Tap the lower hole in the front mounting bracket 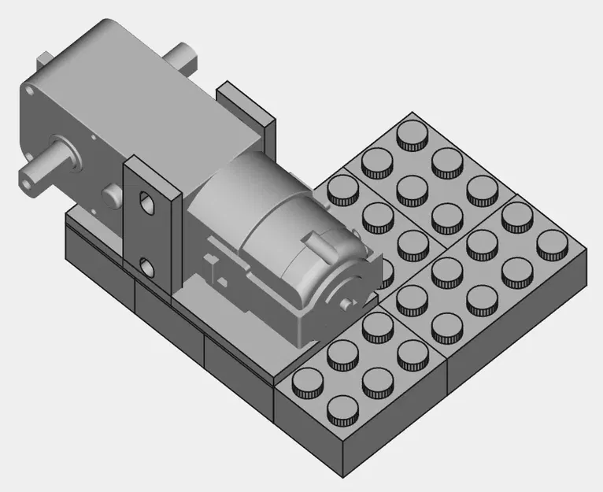tap(146, 266)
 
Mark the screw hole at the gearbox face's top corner tap(30, 91)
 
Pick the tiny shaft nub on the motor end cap tap(346, 302)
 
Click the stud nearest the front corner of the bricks tap(340, 409)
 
